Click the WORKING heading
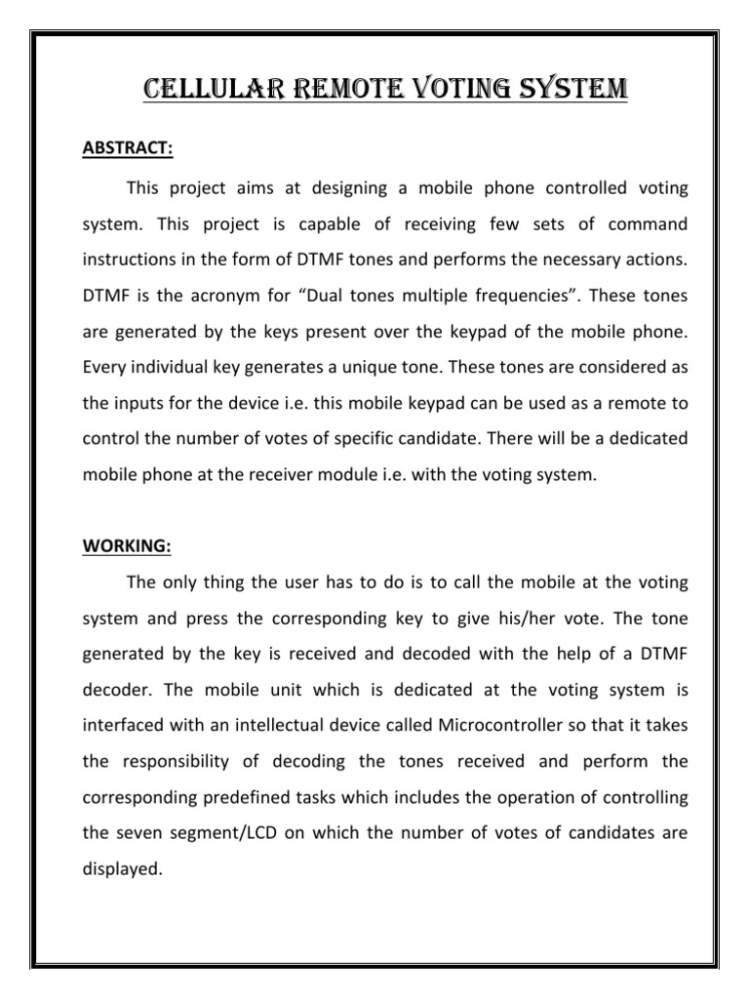[126, 546]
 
